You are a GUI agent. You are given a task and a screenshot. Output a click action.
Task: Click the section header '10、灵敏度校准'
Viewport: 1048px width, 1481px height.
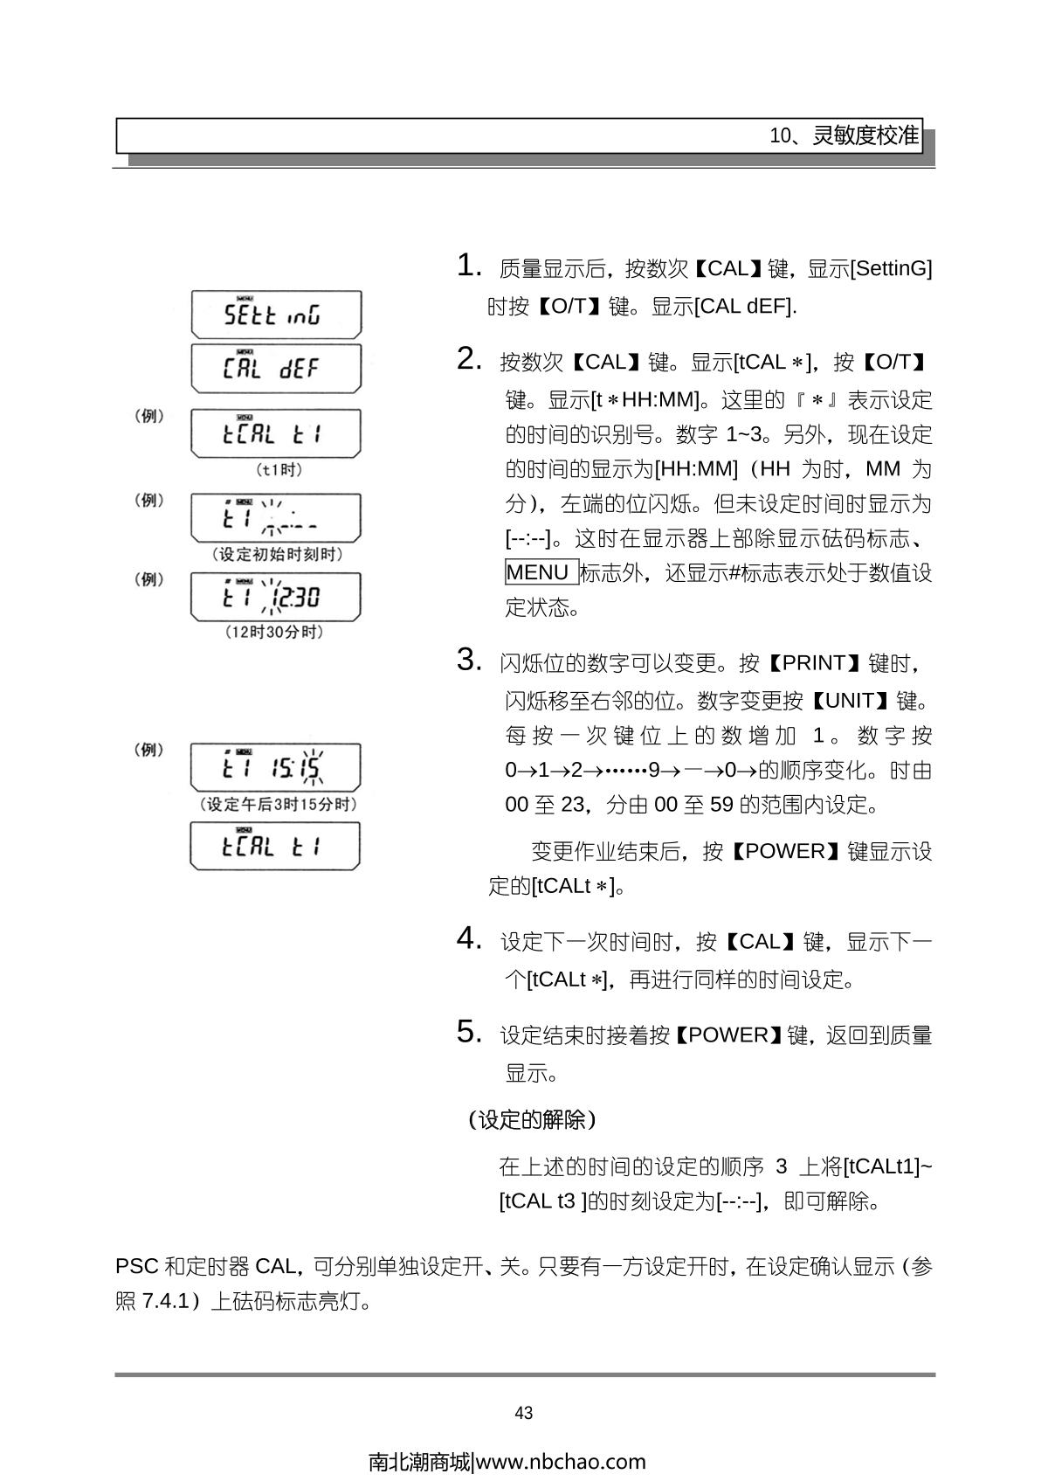click(x=844, y=136)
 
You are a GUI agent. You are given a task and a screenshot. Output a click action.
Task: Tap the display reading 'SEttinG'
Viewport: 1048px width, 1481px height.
click(x=276, y=315)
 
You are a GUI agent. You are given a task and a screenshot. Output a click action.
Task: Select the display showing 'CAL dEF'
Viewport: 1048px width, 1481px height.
click(x=276, y=368)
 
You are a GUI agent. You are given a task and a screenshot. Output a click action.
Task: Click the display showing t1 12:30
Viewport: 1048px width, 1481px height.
click(x=276, y=597)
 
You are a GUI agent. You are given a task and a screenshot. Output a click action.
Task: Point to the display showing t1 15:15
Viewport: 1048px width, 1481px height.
click(x=276, y=767)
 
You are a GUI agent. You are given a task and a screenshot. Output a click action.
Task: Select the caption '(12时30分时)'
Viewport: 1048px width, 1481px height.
click(x=274, y=632)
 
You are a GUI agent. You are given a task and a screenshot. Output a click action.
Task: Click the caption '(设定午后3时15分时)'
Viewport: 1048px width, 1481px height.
click(x=278, y=804)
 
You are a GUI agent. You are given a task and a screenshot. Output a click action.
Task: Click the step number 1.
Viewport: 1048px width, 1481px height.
click(x=468, y=266)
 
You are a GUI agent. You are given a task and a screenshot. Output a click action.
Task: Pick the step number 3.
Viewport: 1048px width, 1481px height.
click(x=468, y=661)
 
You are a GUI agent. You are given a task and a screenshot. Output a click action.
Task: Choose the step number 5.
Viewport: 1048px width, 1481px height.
click(x=468, y=1033)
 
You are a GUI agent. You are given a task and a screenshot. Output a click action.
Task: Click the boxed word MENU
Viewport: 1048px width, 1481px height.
click(x=539, y=572)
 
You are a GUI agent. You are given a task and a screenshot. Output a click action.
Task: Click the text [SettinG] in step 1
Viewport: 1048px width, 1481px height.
click(x=891, y=268)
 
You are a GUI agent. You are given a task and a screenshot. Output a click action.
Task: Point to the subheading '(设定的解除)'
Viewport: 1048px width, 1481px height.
click(x=532, y=1119)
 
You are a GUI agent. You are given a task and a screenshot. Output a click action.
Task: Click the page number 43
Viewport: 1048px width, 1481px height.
click(x=524, y=1413)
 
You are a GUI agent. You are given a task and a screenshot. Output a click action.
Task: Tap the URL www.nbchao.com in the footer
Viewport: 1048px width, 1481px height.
click(x=562, y=1462)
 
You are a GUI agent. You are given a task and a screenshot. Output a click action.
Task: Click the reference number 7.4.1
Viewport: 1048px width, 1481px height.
click(x=165, y=1302)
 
